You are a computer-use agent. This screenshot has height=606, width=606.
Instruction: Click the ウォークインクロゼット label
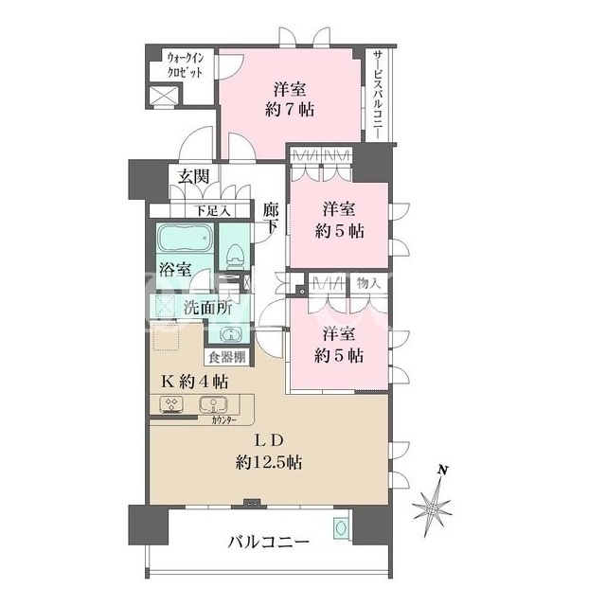(185, 65)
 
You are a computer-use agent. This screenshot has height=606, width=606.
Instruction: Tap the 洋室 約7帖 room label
(290, 99)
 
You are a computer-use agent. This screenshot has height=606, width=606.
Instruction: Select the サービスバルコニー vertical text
(378, 95)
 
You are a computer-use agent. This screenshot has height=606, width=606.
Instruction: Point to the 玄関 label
(193, 176)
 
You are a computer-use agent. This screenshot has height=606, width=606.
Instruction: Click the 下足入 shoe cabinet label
(212, 211)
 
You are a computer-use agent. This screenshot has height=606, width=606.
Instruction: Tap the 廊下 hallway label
(271, 218)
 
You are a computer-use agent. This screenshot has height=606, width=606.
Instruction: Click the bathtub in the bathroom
(186, 238)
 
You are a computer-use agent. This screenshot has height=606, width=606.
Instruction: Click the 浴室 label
(175, 269)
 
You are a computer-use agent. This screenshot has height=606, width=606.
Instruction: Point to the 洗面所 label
(207, 308)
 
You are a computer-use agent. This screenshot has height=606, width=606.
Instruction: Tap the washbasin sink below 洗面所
(231, 334)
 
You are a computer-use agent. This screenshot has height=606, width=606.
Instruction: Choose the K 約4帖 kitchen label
(194, 383)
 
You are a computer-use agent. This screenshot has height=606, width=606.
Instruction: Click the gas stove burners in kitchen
(171, 404)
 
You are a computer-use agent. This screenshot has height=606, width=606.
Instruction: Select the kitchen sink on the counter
(213, 405)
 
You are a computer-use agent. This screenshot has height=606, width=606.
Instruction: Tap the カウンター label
(223, 420)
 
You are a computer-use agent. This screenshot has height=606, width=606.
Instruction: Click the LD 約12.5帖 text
(269, 451)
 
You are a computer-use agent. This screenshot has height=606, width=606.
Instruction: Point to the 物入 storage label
(368, 283)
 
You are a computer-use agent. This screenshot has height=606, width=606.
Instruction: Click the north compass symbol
(433, 503)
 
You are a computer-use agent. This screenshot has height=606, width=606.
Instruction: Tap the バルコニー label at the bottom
(268, 543)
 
